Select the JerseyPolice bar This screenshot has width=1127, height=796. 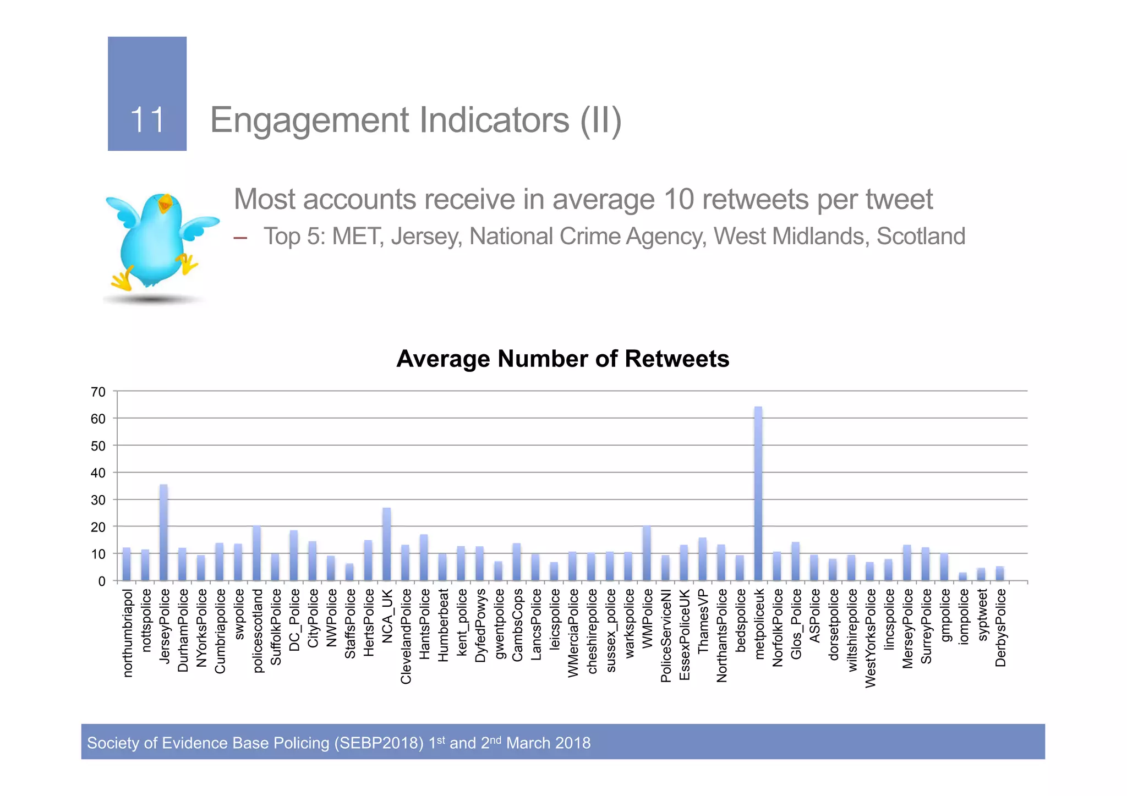tap(163, 533)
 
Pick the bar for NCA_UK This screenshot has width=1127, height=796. tap(386, 544)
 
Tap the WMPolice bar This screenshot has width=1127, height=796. tap(647, 553)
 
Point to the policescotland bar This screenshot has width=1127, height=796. tap(256, 553)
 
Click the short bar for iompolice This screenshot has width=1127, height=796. tap(962, 577)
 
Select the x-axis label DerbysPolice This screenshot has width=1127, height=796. tap(1000, 628)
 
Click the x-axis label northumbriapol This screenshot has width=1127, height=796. tap(127, 633)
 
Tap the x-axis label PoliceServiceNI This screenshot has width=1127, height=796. tap(665, 635)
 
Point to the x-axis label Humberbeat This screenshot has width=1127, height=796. tap(442, 625)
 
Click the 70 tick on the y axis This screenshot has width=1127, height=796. tap(99, 392)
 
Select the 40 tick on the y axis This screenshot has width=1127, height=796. tap(99, 473)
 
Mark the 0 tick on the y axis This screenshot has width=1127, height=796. tap(102, 581)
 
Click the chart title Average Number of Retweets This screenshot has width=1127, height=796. tap(562, 359)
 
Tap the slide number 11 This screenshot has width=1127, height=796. tap(147, 119)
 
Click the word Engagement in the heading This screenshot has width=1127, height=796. tap(310, 120)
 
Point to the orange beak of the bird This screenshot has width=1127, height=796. tap(165, 205)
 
